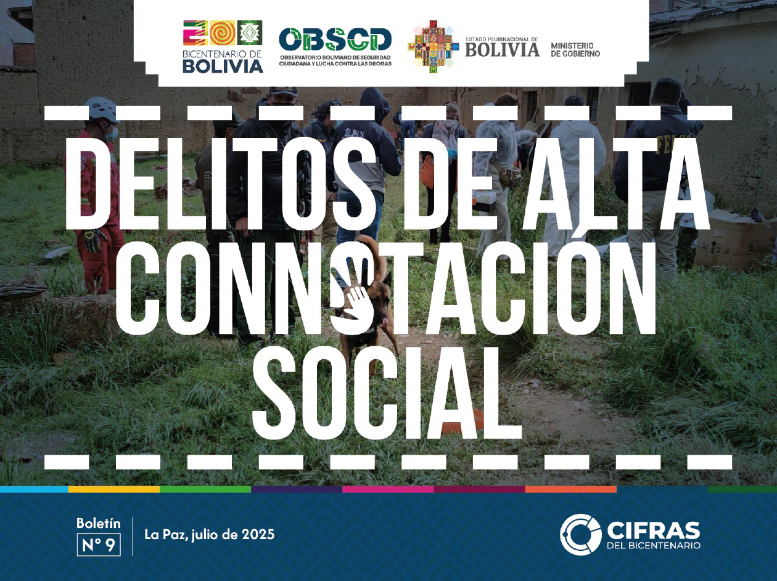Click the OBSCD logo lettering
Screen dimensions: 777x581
(335, 39)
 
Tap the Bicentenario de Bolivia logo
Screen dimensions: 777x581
(223, 47)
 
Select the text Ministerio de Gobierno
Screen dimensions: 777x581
(575, 50)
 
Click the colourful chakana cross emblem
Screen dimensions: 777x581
(434, 46)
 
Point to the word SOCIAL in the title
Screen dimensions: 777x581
(387, 393)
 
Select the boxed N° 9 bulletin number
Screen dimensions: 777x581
(99, 545)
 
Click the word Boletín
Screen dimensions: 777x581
(99, 523)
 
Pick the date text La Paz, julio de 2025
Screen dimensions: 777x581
(209, 534)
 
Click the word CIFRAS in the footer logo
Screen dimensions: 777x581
(654, 530)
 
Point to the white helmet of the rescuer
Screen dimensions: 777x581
(101, 109)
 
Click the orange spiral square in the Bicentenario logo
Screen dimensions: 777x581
(223, 33)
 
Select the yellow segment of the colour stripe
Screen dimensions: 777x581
(113, 489)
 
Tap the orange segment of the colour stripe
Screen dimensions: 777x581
(570, 489)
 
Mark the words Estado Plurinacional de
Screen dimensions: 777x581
(501, 39)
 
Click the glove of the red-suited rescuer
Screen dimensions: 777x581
(95, 240)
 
